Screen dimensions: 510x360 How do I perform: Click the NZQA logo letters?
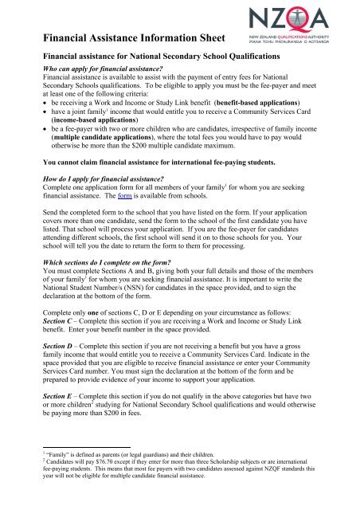pos(315,18)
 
